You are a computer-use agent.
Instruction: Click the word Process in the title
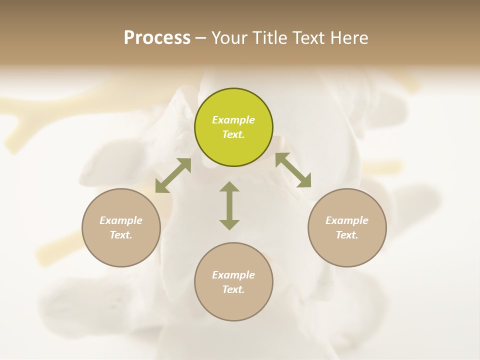tap(157, 38)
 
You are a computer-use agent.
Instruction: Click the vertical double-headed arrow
tap(229, 205)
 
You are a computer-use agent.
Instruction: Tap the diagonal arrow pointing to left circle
tap(173, 175)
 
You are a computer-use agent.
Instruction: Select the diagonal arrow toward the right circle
tap(293, 169)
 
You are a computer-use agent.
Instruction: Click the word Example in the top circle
tap(233, 120)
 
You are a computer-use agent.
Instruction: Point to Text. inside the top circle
tap(233, 134)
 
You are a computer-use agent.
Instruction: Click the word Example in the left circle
tap(121, 220)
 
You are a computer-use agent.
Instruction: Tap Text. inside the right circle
tap(347, 235)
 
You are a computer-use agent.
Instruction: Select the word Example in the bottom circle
tap(233, 275)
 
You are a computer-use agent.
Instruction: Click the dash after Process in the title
tap(201, 38)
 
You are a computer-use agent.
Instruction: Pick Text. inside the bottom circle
tap(233, 289)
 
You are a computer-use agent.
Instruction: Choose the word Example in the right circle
tap(347, 220)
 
